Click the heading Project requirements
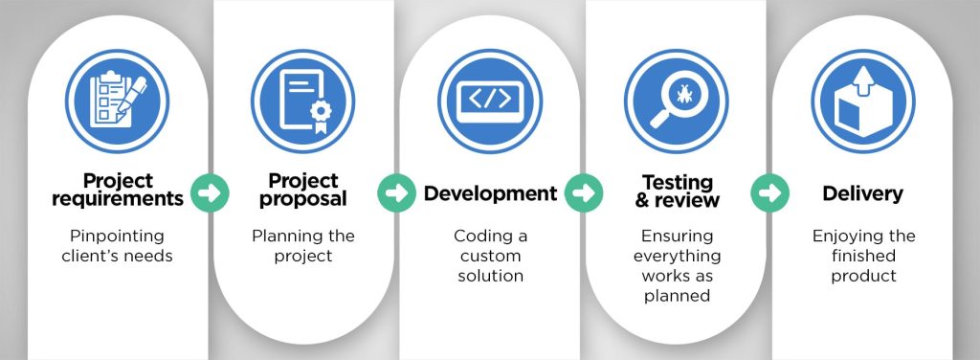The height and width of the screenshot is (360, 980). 117,190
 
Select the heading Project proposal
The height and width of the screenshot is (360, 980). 302,190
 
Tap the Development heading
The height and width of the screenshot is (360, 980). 490,193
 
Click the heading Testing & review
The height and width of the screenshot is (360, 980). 677,190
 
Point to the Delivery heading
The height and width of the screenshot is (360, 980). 862,193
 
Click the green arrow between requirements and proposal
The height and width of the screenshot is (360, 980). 210,192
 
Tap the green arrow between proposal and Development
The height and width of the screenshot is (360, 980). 395,192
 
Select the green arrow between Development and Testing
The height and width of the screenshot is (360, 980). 583,192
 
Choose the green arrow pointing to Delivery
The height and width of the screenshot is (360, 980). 769,192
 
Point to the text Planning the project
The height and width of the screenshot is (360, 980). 302,245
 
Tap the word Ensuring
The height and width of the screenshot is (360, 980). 677,236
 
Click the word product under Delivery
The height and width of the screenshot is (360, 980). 862,276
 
